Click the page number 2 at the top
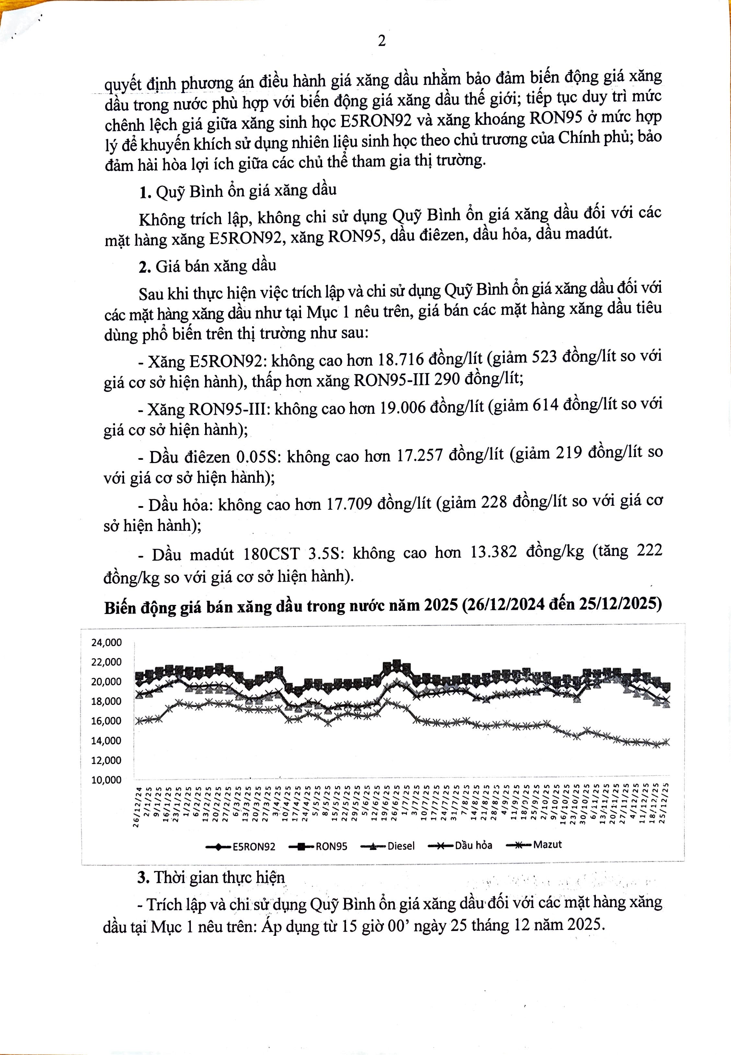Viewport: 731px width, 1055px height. pyautogui.click(x=381, y=41)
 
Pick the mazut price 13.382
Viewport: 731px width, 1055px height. pyautogui.click(x=493, y=552)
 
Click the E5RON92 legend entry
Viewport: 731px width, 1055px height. pyautogui.click(x=253, y=847)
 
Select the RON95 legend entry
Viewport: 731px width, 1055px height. pyautogui.click(x=331, y=847)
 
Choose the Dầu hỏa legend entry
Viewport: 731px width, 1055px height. pyautogui.click(x=473, y=845)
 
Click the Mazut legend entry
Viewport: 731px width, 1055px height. pyautogui.click(x=547, y=844)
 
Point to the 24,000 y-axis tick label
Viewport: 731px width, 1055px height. pyautogui.click(x=106, y=643)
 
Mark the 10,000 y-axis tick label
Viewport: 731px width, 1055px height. pyautogui.click(x=106, y=780)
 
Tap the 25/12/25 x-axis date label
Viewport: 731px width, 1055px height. pyautogui.click(x=665, y=803)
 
